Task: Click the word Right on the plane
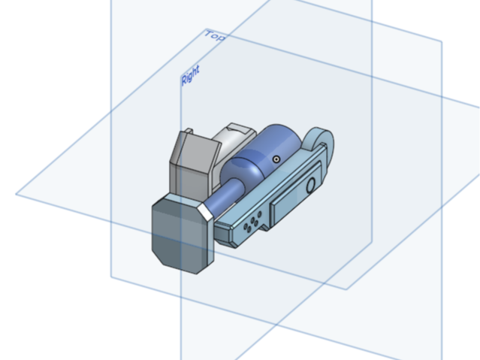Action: coord(190,75)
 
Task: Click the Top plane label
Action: coord(215,35)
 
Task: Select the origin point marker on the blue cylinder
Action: coord(276,159)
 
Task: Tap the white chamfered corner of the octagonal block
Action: coord(205,211)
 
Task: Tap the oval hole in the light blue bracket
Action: coord(310,185)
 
